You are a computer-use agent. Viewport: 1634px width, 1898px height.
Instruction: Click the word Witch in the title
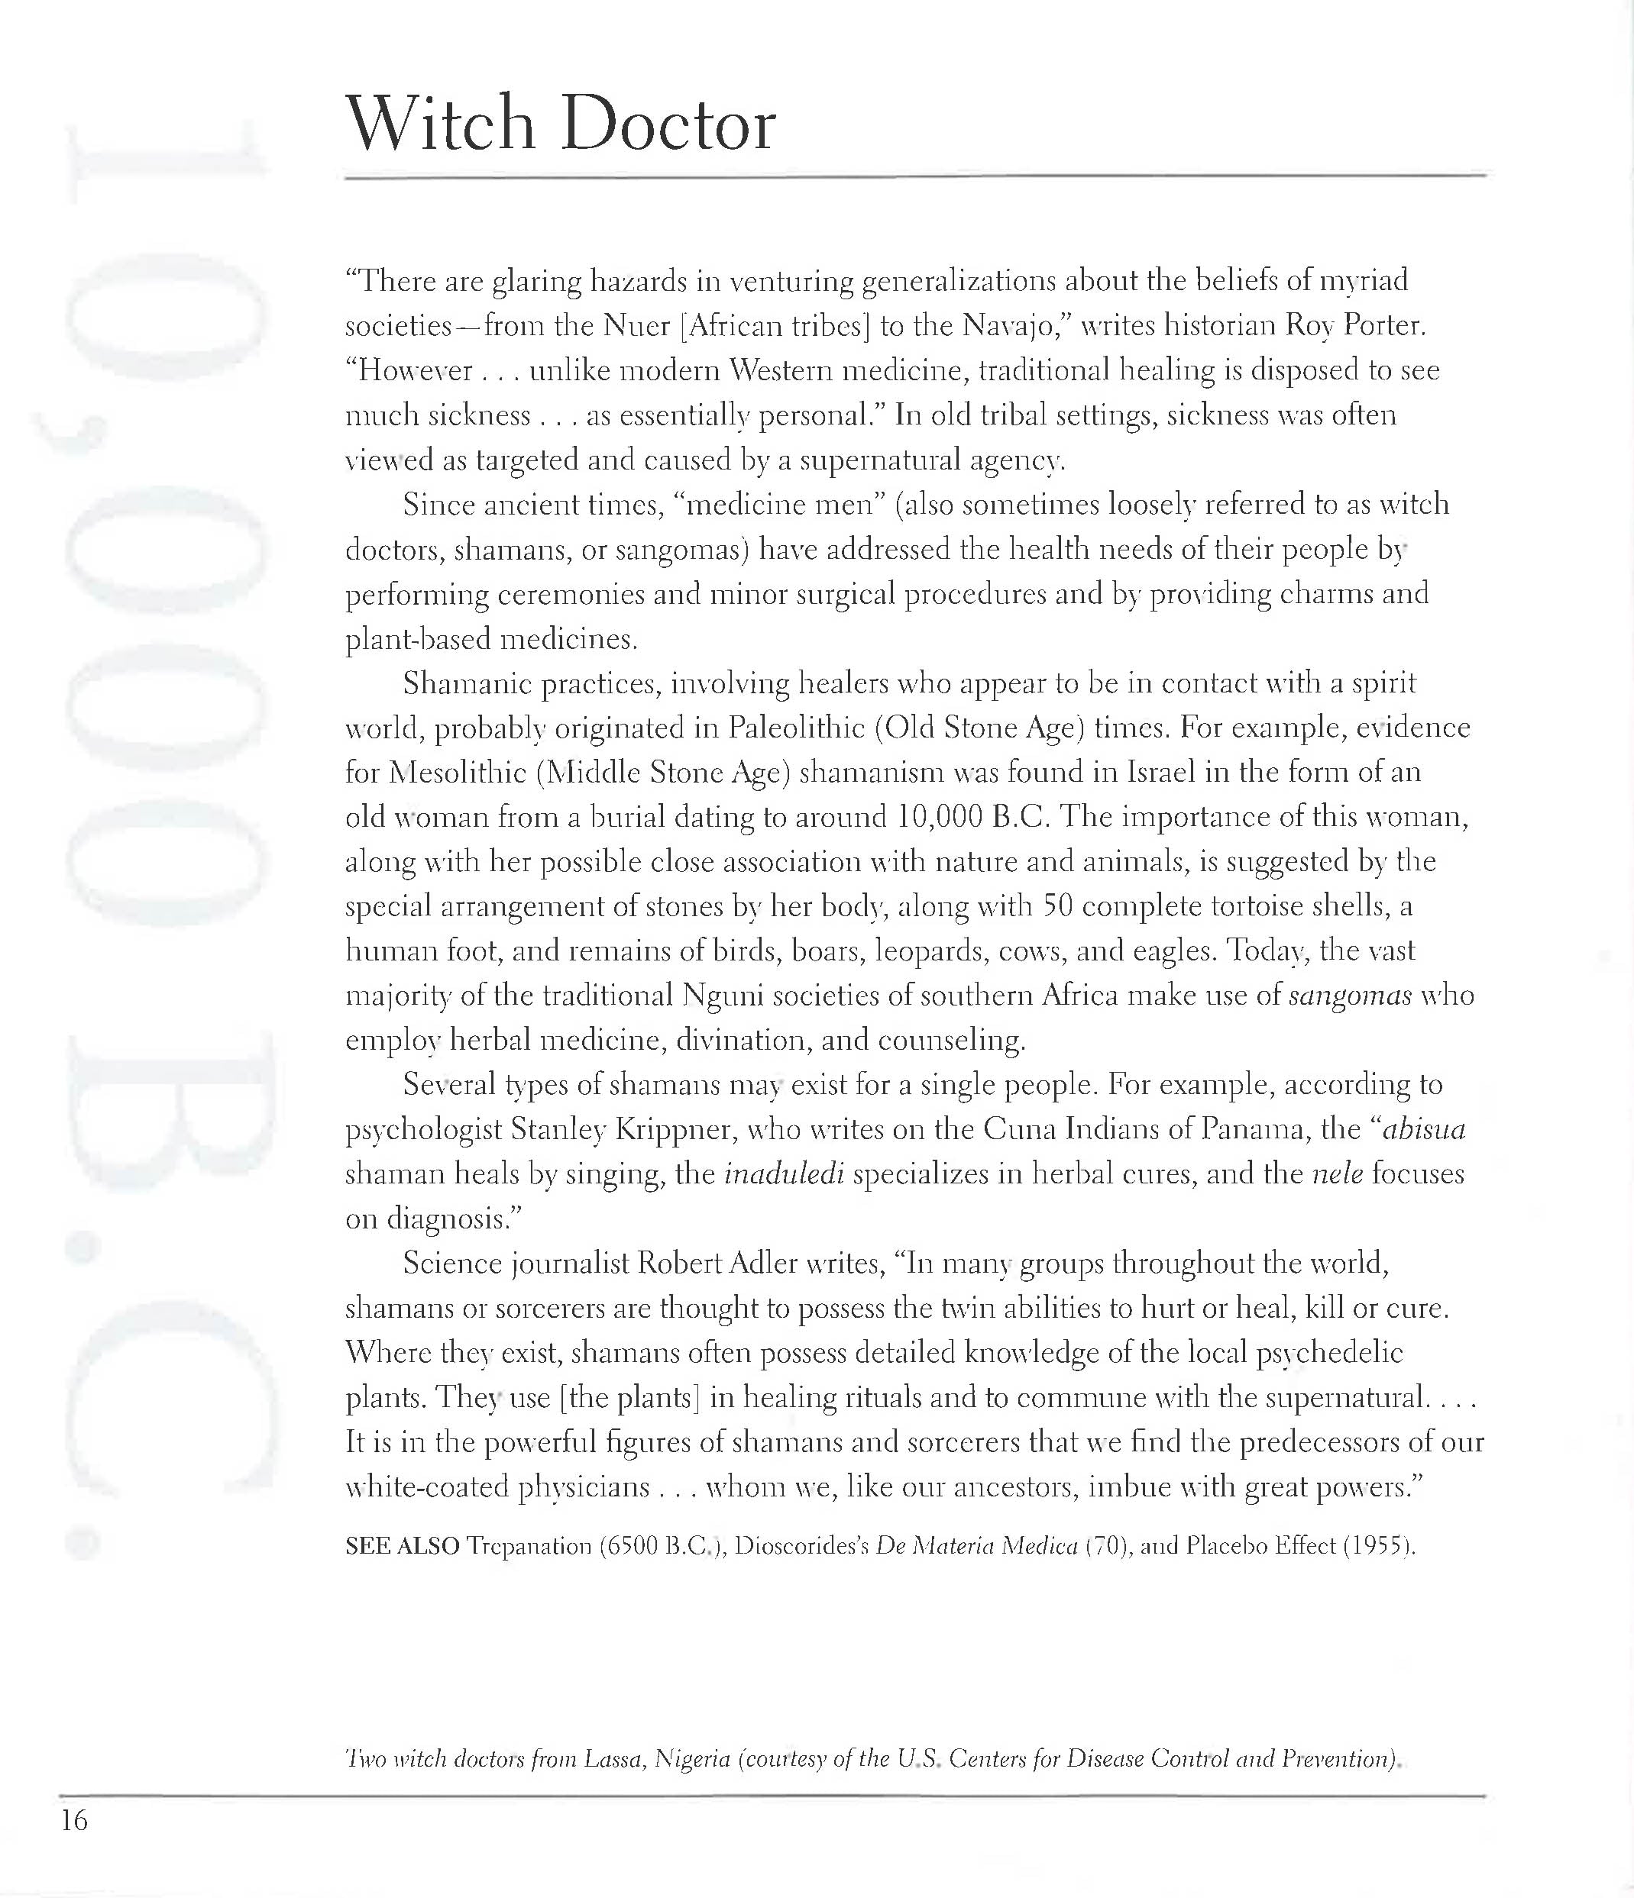pyautogui.click(x=440, y=124)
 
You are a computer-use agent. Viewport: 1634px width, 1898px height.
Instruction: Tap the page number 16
pyautogui.click(x=74, y=1820)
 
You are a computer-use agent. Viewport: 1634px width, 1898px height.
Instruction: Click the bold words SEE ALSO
pyautogui.click(x=403, y=1546)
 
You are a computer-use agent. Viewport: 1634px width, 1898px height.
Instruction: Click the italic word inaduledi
pyautogui.click(x=784, y=1174)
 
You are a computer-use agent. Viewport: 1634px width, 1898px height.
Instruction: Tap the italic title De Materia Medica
pyautogui.click(x=976, y=1546)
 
